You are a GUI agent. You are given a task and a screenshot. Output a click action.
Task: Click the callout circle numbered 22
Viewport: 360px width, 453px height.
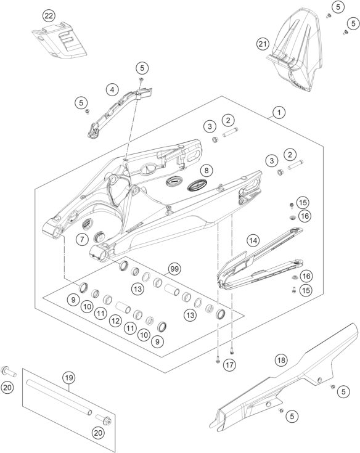[x=49, y=16]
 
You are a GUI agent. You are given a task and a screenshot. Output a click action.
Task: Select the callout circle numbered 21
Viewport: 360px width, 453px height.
[x=263, y=44]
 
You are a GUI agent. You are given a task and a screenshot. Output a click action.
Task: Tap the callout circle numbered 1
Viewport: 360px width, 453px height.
[x=279, y=112]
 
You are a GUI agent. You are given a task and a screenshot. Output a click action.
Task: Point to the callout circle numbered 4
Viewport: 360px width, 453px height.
[x=112, y=89]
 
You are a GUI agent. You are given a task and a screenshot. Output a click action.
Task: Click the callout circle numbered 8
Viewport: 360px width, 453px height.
[x=207, y=171]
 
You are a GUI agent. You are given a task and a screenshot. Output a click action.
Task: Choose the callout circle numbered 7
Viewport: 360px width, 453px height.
[x=83, y=239]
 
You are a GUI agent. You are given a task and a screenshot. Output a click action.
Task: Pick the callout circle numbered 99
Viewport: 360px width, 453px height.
[x=174, y=269]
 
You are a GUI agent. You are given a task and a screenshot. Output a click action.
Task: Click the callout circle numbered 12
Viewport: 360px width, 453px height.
[x=115, y=320]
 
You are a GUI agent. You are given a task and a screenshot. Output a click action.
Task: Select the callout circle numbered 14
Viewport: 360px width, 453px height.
[x=253, y=240]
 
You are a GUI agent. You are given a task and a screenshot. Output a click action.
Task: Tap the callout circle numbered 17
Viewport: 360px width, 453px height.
[x=229, y=365]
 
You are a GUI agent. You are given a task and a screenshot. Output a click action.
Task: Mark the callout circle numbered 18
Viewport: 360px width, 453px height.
[x=281, y=360]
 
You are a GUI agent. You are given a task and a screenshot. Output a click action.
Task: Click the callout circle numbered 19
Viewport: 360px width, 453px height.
[x=68, y=378]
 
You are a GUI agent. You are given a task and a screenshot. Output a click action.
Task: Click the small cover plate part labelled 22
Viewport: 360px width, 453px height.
[x=59, y=40]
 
